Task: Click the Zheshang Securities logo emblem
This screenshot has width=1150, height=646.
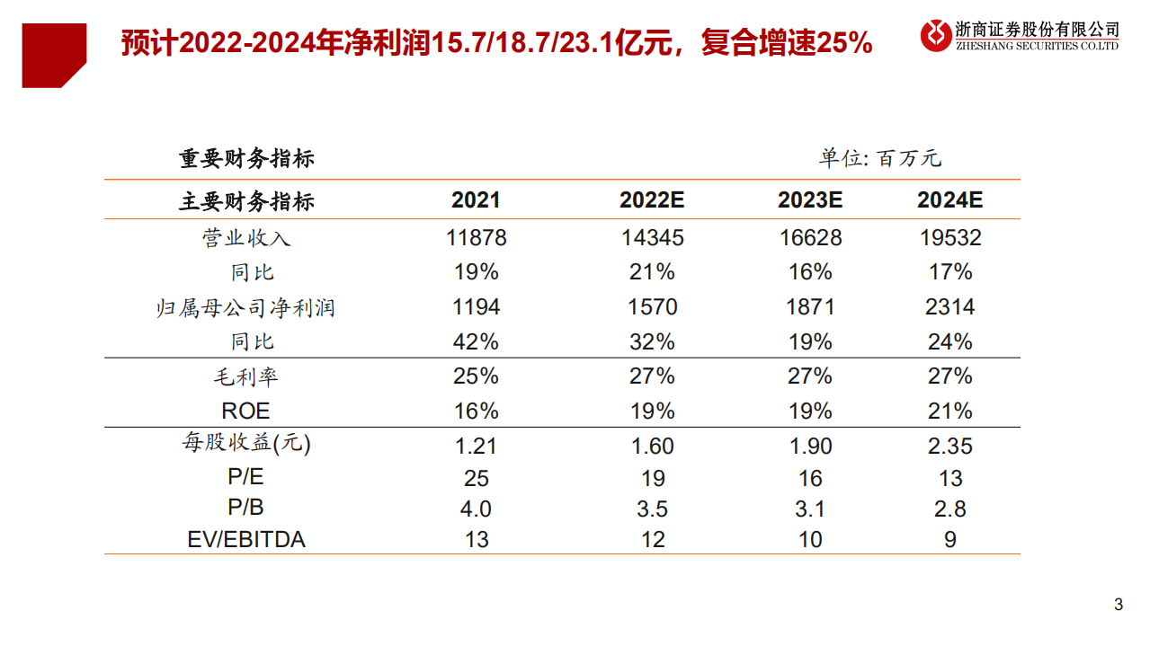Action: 936,36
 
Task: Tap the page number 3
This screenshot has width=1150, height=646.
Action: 1119,605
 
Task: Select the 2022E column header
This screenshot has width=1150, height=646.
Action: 652,200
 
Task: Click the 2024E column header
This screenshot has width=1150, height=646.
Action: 949,200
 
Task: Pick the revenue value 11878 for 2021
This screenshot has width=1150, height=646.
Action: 476,238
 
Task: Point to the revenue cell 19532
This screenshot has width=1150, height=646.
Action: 949,238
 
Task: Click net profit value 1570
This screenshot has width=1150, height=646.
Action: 652,307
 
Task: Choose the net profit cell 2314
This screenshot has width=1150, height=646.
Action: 949,307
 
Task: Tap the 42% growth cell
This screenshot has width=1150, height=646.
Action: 476,342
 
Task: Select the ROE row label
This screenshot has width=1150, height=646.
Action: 245,411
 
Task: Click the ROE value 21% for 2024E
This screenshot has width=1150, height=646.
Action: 949,411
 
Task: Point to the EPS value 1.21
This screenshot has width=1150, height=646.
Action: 476,447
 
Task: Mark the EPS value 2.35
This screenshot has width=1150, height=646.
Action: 949,447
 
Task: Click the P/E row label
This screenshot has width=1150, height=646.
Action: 245,478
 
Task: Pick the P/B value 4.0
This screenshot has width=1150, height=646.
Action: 476,509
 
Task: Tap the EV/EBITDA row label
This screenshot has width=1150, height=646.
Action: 245,540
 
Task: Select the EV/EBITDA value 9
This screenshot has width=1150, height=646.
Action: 949,540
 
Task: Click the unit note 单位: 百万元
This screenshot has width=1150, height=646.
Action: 879,159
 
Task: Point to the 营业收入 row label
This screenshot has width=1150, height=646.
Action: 245,238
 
